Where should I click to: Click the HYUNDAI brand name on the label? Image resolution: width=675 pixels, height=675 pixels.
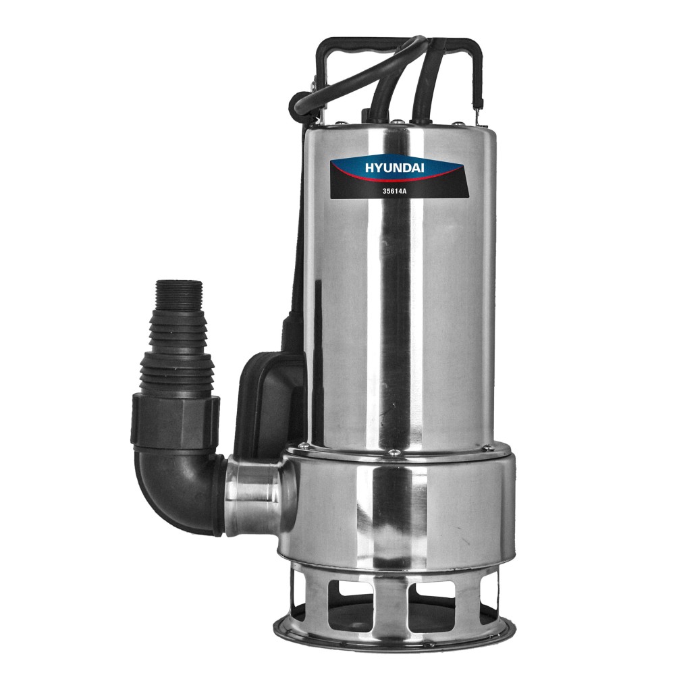[x=394, y=168]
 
